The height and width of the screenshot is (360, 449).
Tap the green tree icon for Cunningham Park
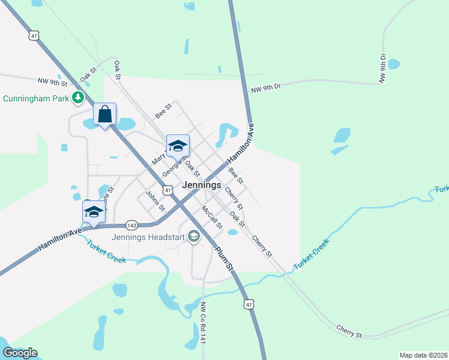click(77, 97)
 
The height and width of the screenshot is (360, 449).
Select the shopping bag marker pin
click(104, 114)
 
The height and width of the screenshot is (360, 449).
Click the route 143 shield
click(132, 226)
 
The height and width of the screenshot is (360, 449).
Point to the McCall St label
click(212, 218)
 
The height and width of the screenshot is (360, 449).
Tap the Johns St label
click(155, 201)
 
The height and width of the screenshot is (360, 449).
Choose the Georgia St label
click(173, 165)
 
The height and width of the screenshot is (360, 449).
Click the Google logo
click(20, 353)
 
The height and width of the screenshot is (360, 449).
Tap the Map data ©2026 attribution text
click(423, 355)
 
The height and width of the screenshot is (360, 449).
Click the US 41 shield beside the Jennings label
click(169, 190)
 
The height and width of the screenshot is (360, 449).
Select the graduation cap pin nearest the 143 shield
click(94, 212)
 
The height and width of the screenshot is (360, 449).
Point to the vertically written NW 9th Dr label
click(382, 68)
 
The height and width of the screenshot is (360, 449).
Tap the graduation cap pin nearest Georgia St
click(178, 146)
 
